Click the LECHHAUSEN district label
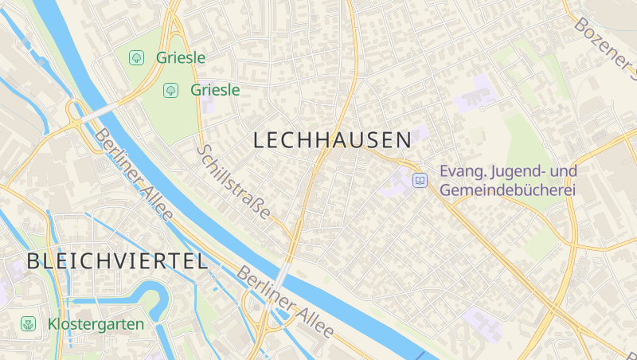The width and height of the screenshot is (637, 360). [x=332, y=140]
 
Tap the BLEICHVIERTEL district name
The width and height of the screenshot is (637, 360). [x=117, y=260]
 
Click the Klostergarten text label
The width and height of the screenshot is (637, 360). [x=96, y=324]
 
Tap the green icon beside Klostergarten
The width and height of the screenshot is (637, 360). [x=28, y=324]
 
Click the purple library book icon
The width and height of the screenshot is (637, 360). [x=420, y=181]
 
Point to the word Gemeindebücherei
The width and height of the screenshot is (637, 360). [x=507, y=191]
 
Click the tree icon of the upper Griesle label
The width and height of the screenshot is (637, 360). [x=137, y=57]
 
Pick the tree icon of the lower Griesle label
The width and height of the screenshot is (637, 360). [x=170, y=90]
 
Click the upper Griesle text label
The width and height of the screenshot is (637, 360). [x=181, y=57]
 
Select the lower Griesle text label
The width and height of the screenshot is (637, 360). [x=215, y=90]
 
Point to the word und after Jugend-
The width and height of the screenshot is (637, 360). [x=564, y=172]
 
